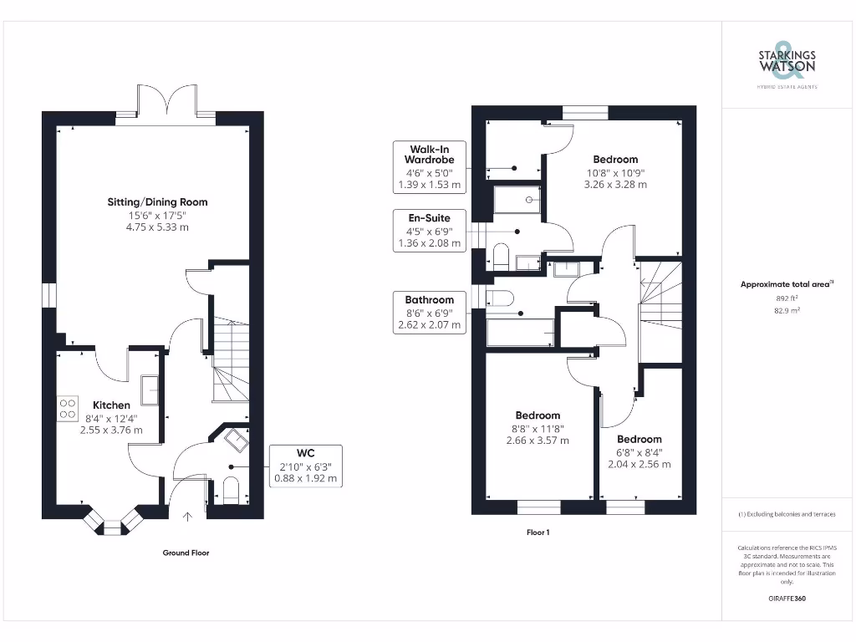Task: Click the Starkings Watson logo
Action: coord(786,64)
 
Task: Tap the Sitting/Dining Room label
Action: coord(157,201)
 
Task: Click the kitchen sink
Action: coord(151,388)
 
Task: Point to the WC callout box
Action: coord(305,466)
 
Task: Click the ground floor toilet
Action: coord(231,492)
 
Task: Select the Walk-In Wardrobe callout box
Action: coord(429,166)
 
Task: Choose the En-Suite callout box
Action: coord(429,231)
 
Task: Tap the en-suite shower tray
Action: coord(517,201)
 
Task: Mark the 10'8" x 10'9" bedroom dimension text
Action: coord(615,172)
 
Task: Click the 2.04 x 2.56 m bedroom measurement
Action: coord(639,464)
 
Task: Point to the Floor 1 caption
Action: coord(538,532)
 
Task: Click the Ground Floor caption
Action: coord(186,553)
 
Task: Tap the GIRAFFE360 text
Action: coord(786,599)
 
